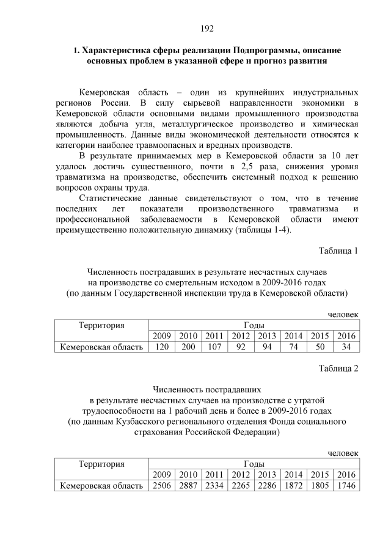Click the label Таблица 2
[338, 368]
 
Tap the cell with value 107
[214, 347]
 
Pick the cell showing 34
[346, 347]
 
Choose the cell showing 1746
[346, 486]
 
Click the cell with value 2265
[240, 486]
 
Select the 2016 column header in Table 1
[346, 336]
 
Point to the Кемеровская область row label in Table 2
[101, 486]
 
